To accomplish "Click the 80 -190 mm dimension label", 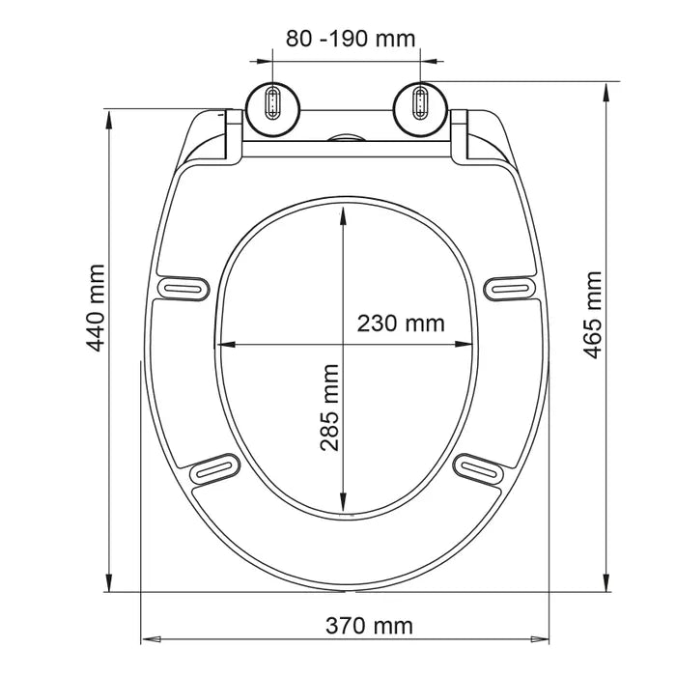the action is click(x=351, y=39).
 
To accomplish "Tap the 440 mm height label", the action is click(x=96, y=308).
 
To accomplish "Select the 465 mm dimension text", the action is click(x=592, y=315).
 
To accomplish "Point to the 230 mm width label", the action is click(x=401, y=324).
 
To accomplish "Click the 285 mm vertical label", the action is click(x=330, y=408).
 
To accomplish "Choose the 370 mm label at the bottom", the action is click(x=369, y=626).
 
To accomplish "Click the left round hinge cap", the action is click(x=273, y=109).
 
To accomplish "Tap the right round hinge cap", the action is click(x=420, y=108).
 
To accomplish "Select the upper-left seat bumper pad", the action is click(x=183, y=288).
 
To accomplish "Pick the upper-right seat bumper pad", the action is click(x=510, y=289).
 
